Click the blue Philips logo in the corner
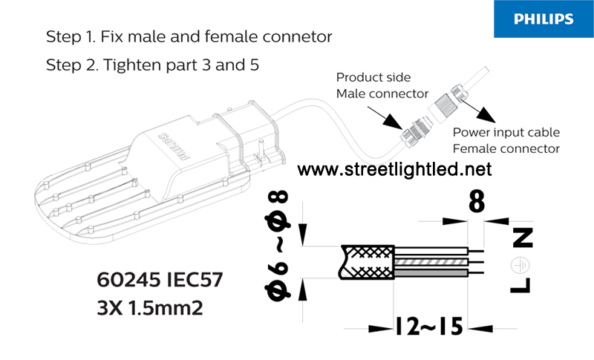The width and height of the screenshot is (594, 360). pyautogui.click(x=544, y=19)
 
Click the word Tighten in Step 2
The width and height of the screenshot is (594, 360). pyautogui.click(x=132, y=65)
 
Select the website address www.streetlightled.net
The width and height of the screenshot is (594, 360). pyautogui.click(x=394, y=169)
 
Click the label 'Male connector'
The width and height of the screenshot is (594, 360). pyautogui.click(x=382, y=94)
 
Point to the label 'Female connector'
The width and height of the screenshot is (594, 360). pyautogui.click(x=506, y=148)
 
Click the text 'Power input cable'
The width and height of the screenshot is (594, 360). pyautogui.click(x=506, y=132)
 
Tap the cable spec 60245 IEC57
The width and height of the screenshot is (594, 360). pyautogui.click(x=160, y=280)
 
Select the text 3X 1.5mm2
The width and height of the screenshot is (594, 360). pyautogui.click(x=150, y=308)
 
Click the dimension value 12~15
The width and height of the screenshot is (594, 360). pyautogui.click(x=429, y=327)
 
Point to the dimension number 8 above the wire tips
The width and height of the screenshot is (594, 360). pyautogui.click(x=477, y=202)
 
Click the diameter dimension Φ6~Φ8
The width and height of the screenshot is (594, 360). pyautogui.click(x=278, y=245)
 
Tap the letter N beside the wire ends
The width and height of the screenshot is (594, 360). pyautogui.click(x=523, y=238)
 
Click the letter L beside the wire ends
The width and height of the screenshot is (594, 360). pyautogui.click(x=520, y=286)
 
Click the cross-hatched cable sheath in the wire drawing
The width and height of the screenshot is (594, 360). pyautogui.click(x=367, y=262)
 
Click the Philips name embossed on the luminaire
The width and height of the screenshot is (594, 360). pyautogui.click(x=174, y=146)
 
